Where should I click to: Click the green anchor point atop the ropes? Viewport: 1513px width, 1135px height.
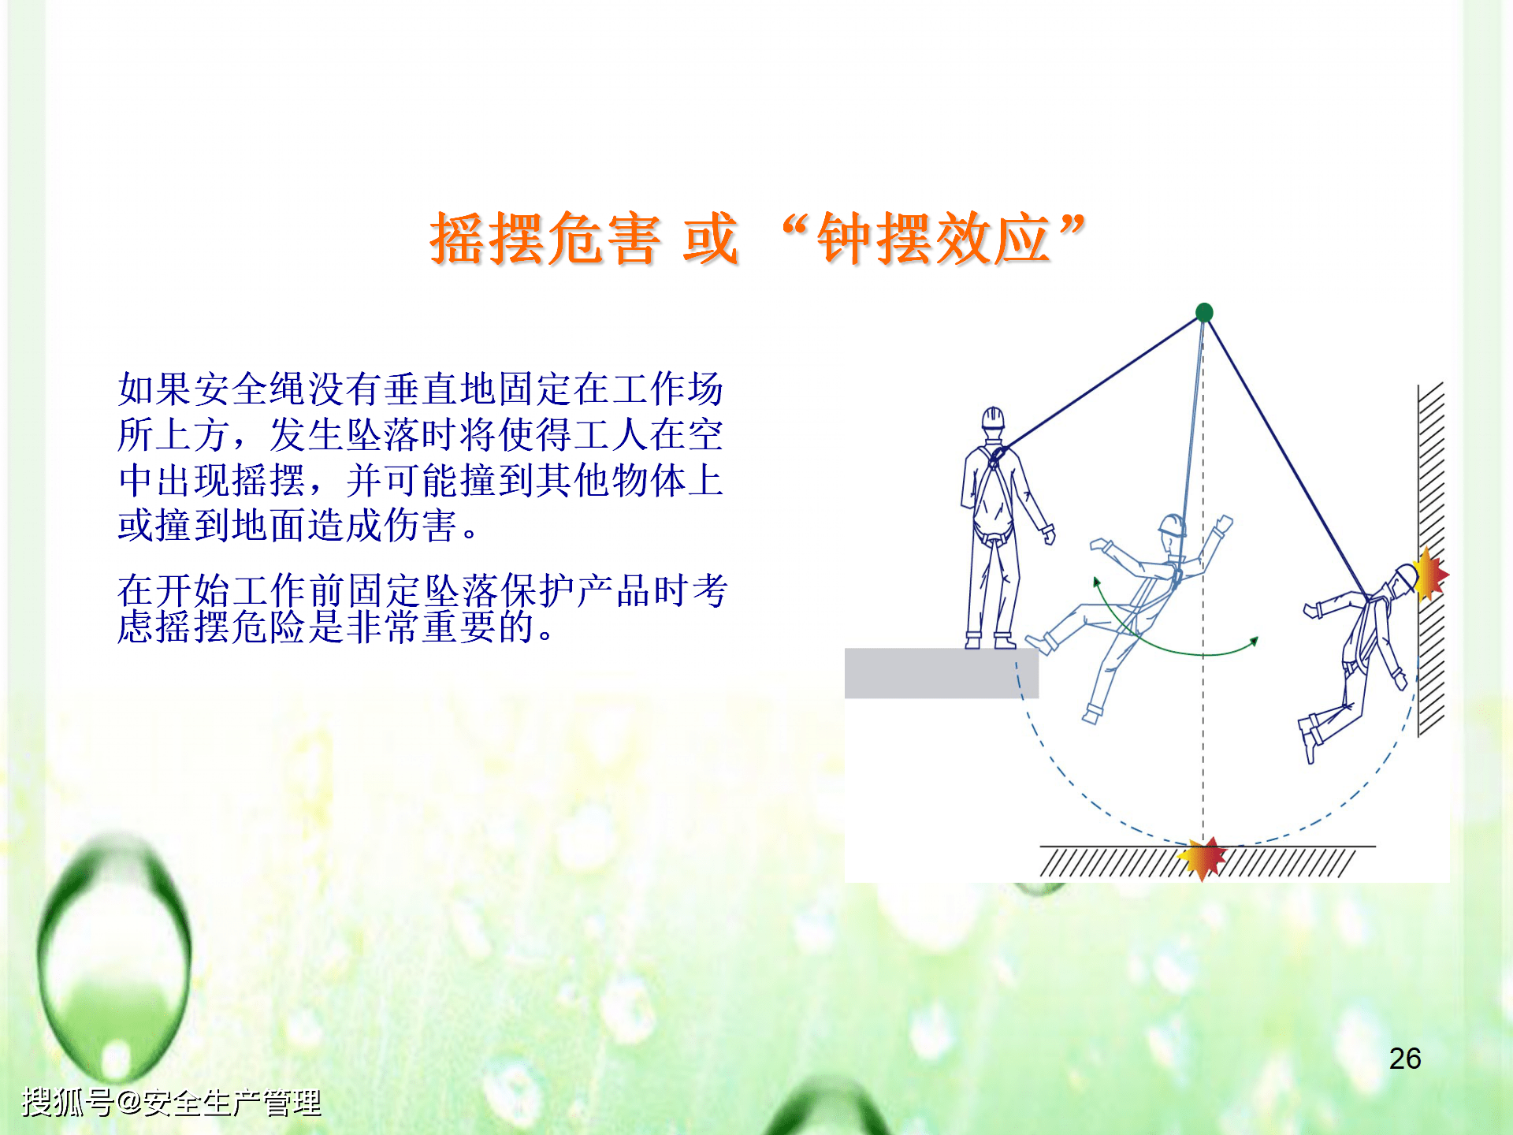coord(1204,313)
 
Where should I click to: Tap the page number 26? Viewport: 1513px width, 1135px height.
coord(1404,1059)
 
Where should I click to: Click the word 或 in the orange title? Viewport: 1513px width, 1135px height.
coord(711,239)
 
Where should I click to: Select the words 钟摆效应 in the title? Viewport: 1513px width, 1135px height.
coord(933,239)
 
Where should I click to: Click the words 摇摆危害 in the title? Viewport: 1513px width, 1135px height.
coord(545,239)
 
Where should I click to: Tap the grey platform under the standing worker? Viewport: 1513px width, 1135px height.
coord(941,673)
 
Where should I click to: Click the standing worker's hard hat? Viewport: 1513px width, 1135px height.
coord(993,417)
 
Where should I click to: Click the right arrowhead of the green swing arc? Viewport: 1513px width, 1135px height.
coord(1255,641)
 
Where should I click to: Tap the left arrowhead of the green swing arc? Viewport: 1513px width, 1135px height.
coord(1096,583)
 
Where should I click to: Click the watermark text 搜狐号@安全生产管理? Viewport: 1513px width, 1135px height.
coord(172,1102)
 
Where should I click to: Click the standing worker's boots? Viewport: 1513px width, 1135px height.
coord(990,640)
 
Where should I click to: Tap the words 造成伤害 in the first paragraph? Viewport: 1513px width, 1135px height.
coord(383,526)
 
